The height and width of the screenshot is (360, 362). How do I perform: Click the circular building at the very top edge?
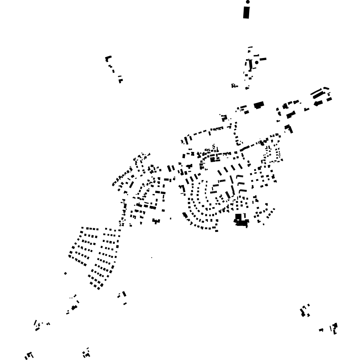[x=248, y=2]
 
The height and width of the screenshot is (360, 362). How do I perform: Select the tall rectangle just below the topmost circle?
[x=246, y=12]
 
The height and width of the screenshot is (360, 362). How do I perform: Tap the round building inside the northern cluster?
[x=257, y=62]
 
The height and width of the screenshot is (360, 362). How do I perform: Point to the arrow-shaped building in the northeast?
[x=318, y=103]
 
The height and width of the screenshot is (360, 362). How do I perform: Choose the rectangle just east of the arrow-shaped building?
[x=329, y=99]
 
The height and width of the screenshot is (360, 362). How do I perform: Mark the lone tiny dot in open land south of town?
[x=152, y=258]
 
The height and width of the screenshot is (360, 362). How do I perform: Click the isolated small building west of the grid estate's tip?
[x=65, y=274]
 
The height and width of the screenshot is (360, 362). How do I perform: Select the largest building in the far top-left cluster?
[x=108, y=58]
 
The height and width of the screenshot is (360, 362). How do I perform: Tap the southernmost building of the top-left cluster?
[x=121, y=81]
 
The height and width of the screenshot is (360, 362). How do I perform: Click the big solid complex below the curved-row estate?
[x=241, y=222]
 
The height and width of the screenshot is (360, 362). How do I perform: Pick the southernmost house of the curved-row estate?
[x=216, y=231]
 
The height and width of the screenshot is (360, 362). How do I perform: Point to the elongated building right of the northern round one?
[x=263, y=59]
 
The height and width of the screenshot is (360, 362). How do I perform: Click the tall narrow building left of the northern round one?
[x=251, y=65]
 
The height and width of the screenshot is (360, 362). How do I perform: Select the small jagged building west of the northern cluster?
[x=234, y=86]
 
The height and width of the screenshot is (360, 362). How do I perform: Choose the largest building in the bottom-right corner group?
[x=335, y=325]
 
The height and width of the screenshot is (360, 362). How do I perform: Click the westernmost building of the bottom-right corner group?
[x=321, y=330]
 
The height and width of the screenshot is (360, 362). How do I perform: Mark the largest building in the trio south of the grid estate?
[x=124, y=294]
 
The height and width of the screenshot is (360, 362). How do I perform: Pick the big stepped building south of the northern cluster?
[x=259, y=105]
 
